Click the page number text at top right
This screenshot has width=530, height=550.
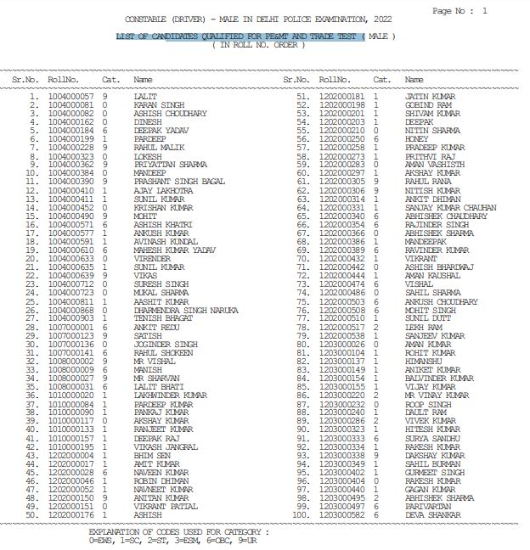coord(460,11)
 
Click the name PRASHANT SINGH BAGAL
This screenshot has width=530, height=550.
coord(179,181)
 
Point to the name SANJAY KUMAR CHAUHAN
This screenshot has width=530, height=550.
coord(450,207)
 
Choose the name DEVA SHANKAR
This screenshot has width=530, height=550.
coord(434,491)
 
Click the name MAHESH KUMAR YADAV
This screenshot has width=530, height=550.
coord(174,250)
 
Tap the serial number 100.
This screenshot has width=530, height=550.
coord(299,491)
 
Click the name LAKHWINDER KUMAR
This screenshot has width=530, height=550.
coord(170,396)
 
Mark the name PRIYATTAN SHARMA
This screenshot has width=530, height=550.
coord(170,164)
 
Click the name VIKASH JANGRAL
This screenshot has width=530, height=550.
coord(166,447)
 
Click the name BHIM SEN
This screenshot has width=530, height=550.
coord(152,456)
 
